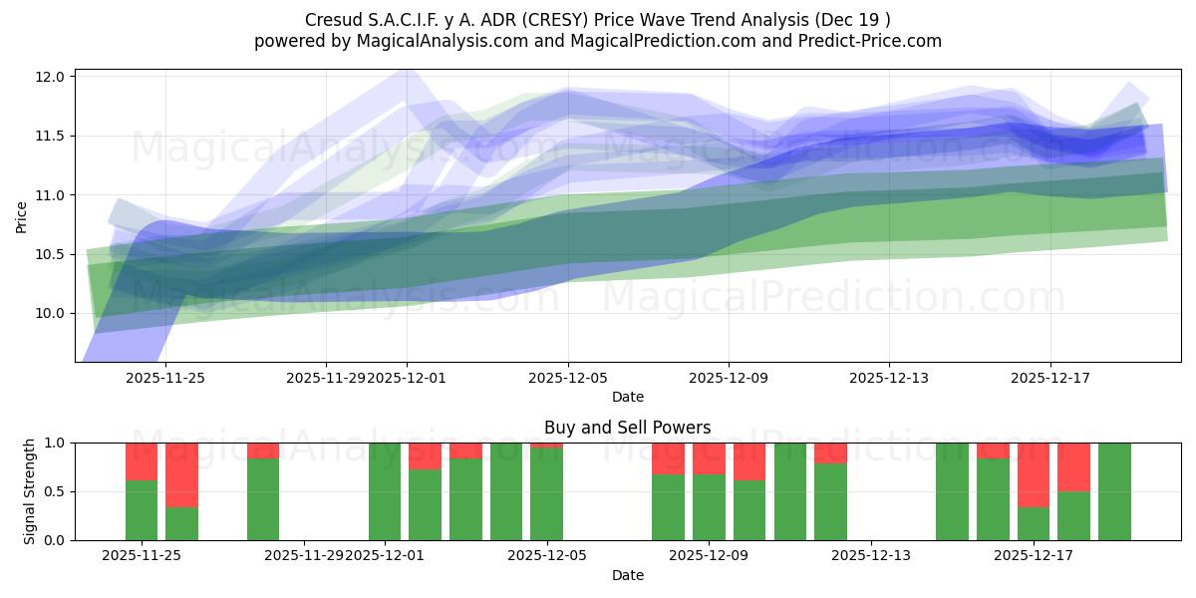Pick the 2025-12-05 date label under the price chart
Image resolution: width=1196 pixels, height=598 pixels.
point(568,379)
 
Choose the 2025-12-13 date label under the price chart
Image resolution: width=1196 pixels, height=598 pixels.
point(889,379)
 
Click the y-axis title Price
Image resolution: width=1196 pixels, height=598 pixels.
point(22,216)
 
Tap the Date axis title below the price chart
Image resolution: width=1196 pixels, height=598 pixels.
point(628,397)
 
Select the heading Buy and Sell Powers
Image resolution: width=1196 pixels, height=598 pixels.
point(628,428)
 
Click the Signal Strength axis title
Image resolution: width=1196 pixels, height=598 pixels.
point(30,491)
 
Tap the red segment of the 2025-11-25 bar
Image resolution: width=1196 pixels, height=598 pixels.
point(142,461)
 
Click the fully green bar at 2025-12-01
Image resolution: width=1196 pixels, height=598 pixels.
point(385,491)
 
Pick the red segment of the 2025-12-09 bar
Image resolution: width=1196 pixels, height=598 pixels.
point(709,458)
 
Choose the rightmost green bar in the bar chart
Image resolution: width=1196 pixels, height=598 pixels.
point(1114,491)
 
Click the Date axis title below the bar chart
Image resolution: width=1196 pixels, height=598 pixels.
point(628,575)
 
